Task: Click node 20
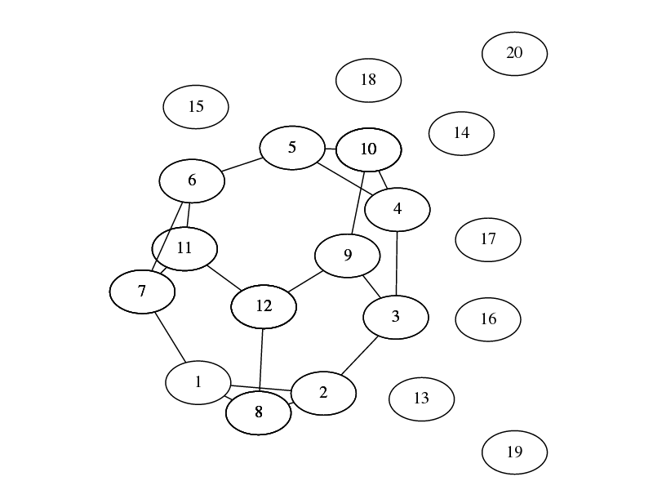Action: click(514, 54)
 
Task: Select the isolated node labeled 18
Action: click(368, 80)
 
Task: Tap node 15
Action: click(196, 107)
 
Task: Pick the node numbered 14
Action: click(461, 133)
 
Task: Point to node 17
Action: click(488, 240)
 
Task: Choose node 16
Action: click(488, 319)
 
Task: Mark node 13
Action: click(421, 399)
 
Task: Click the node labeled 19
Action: click(514, 452)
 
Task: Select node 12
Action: click(264, 307)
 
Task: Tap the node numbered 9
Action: click(348, 256)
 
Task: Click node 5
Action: click(292, 148)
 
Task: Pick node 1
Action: click(198, 382)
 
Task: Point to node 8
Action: click(259, 413)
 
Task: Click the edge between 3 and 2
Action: click(359, 355)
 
